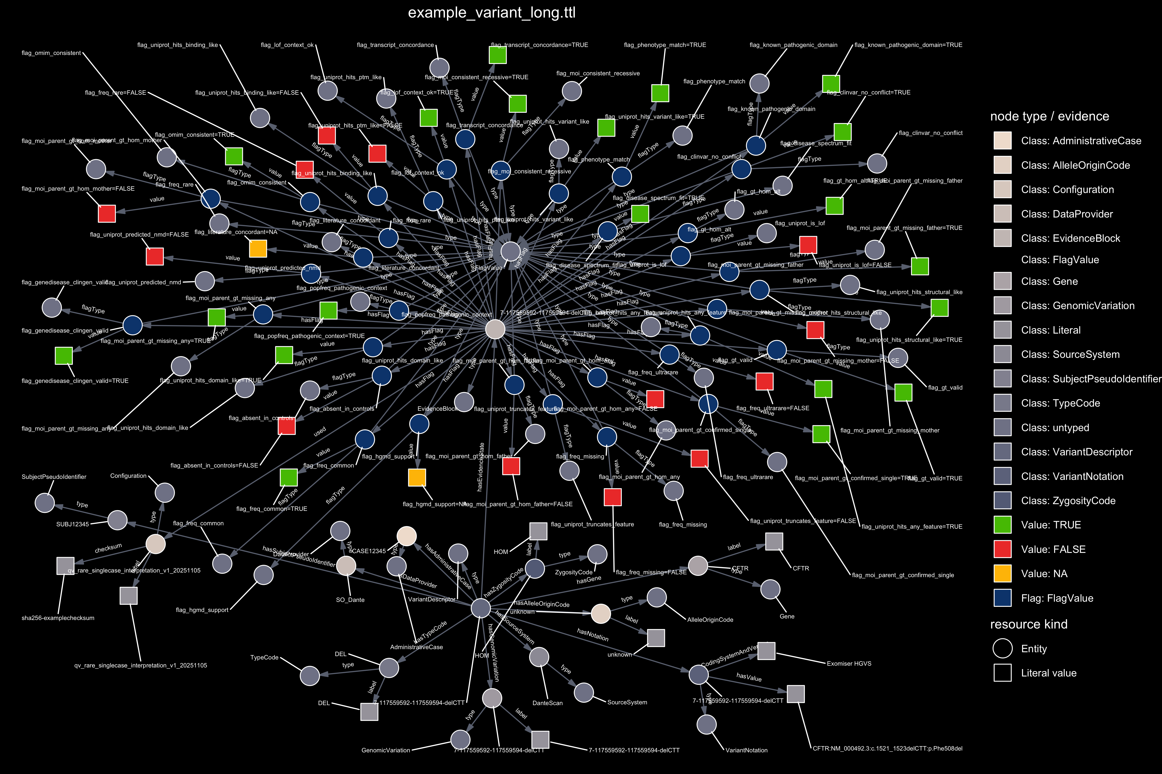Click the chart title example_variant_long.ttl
(x=492, y=13)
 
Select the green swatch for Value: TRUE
(x=1002, y=525)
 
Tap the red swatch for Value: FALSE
(x=1002, y=549)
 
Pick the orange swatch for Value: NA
(x=1002, y=574)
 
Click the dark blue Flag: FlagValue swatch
(x=1002, y=598)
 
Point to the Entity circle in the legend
(x=1002, y=649)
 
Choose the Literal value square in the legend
(x=1002, y=673)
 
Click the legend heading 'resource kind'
(x=1028, y=624)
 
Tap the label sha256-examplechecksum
(x=58, y=618)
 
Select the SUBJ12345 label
(x=73, y=524)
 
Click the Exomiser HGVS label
(x=849, y=663)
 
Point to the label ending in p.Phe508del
(x=887, y=748)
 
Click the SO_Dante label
(x=350, y=600)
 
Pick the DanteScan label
(x=547, y=703)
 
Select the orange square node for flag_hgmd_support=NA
(x=417, y=477)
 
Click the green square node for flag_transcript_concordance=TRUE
(x=498, y=55)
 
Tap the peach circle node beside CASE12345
(x=407, y=536)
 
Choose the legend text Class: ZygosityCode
(x=1068, y=501)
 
